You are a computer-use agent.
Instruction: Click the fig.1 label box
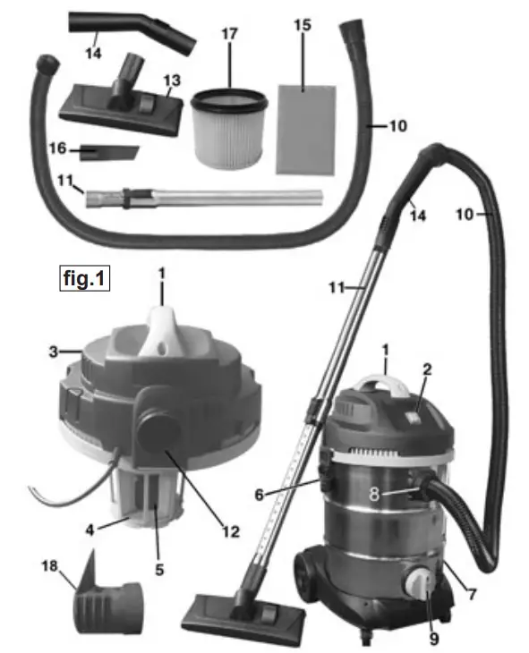click(84, 279)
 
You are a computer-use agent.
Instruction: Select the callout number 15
click(303, 25)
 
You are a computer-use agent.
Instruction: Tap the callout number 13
click(173, 81)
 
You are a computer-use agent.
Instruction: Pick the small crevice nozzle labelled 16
click(107, 152)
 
